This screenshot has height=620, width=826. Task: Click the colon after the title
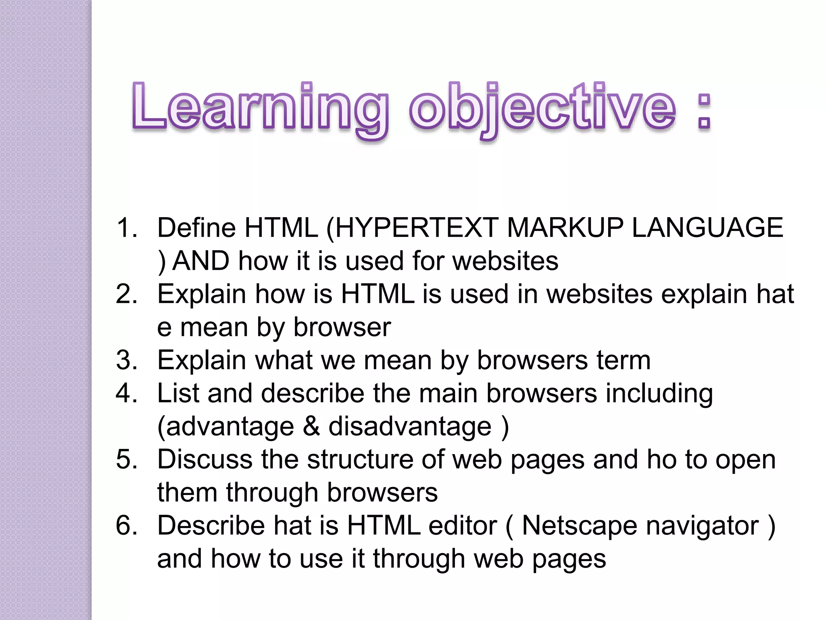[x=704, y=111]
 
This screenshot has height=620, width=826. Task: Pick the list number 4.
[x=127, y=394]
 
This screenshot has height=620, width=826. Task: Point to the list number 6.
[x=127, y=526]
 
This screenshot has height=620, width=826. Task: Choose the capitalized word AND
[x=201, y=261]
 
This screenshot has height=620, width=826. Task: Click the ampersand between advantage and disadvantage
[x=311, y=427]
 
